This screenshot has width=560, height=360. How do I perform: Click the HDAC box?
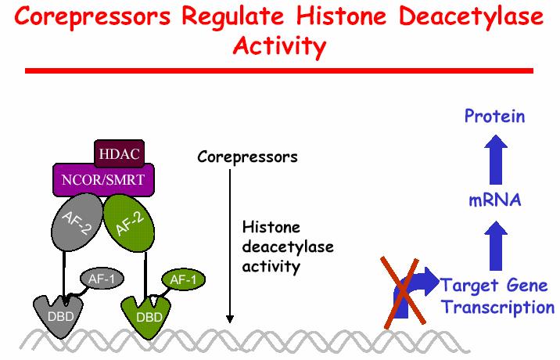(120, 153)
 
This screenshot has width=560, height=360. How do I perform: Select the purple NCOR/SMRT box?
(103, 180)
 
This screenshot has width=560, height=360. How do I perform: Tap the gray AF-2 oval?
(77, 222)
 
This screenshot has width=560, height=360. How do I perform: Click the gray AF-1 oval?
(102, 279)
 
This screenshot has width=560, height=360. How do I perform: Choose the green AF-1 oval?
(184, 279)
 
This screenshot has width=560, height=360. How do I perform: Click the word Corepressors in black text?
(247, 157)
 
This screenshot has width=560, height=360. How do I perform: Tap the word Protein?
(494, 116)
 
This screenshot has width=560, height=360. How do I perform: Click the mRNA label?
(495, 200)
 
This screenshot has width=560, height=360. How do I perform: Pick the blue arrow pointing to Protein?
(496, 160)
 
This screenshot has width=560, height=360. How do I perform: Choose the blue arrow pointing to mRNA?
(496, 246)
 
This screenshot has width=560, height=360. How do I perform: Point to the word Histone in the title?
(342, 16)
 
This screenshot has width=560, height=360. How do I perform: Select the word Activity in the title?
(280, 47)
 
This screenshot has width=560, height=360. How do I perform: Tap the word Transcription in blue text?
(497, 308)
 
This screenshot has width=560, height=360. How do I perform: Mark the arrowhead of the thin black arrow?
(230, 319)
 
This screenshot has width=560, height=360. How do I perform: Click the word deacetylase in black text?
(288, 247)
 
